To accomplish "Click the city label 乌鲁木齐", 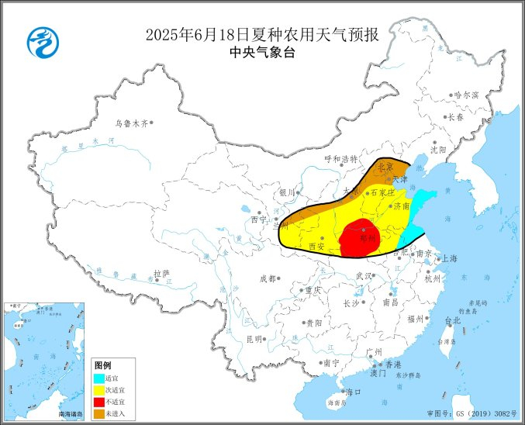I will (x=130, y=123).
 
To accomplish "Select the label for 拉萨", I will (x=161, y=273).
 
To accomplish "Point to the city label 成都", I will (x=268, y=278).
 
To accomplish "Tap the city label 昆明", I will (x=254, y=339).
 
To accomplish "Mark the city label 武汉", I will (x=363, y=275).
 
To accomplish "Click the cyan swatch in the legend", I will (x=98, y=378).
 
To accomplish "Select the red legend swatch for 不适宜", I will (x=98, y=402).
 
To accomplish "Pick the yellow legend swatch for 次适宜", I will (x=98, y=390).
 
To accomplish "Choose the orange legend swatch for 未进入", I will (x=98, y=413).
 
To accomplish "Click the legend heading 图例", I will (x=102, y=365).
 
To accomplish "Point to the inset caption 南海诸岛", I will (x=71, y=415).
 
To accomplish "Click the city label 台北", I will (x=452, y=320).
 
